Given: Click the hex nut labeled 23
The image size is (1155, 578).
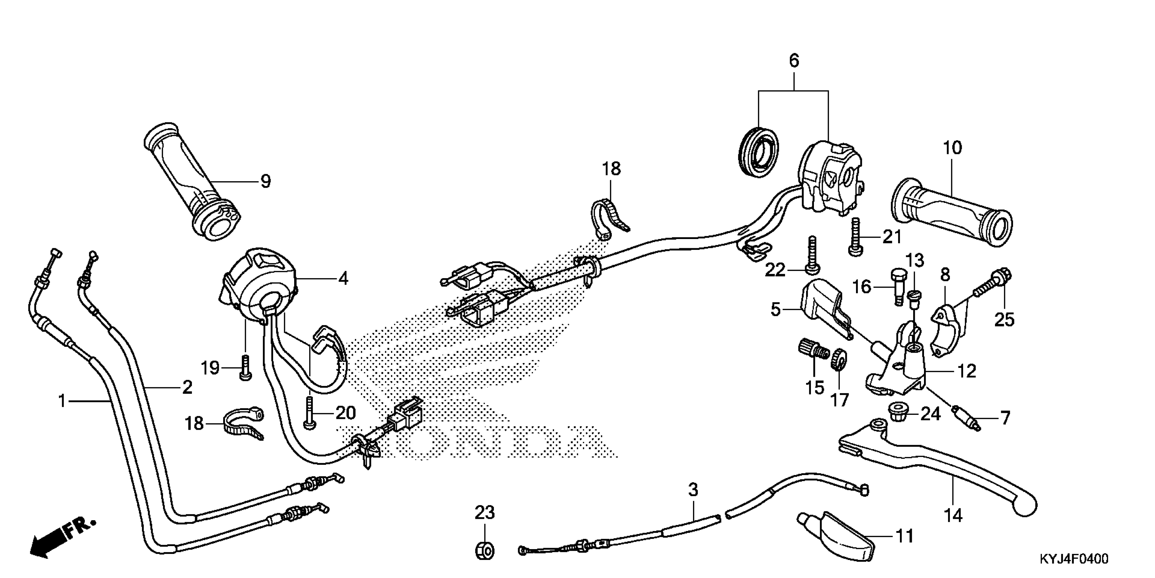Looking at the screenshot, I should coord(484,550).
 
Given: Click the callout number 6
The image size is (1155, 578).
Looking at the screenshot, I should coord(794,61).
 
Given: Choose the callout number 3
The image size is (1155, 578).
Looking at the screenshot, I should coord(693,490).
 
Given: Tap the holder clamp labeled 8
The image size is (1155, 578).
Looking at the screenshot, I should coord(946,330).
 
